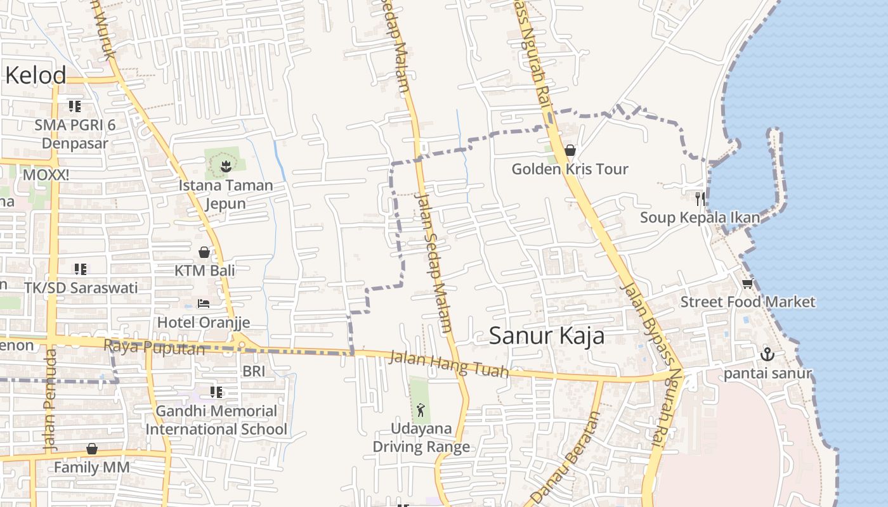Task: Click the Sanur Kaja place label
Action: pos(547,336)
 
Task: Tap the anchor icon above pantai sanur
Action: pos(767,354)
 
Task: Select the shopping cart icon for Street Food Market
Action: pos(747,283)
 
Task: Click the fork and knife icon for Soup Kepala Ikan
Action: pos(700,199)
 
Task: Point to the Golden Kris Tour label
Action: pos(570,169)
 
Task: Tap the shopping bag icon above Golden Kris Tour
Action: pos(570,150)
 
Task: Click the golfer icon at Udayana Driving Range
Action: pos(421,409)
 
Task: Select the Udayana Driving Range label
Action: pos(421,437)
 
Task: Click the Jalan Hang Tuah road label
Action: pos(449,364)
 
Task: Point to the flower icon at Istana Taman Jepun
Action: pos(225,167)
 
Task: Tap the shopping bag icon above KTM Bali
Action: pos(204,252)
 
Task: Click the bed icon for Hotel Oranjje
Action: pos(204,304)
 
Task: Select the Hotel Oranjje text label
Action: pos(204,322)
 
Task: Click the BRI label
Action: pos(254,371)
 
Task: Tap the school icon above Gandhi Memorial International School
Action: pos(216,392)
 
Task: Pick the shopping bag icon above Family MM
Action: pos(92,449)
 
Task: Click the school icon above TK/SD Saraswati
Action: pos(81,269)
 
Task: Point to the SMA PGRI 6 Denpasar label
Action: pos(75,134)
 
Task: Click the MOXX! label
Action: pos(46,174)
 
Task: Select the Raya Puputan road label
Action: pos(154,347)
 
